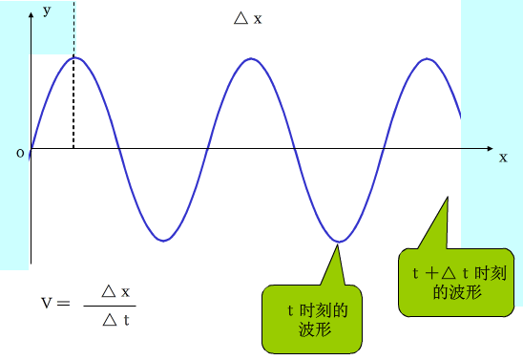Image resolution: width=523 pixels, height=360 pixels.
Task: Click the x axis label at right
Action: (x=503, y=158)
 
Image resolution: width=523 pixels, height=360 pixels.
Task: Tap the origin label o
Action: (x=20, y=153)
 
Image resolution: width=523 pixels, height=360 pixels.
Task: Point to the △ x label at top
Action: (x=247, y=18)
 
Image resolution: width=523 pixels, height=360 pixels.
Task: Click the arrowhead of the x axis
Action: (x=491, y=150)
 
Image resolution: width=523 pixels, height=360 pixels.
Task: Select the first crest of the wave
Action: (x=74, y=58)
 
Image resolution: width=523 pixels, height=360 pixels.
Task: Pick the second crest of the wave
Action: (x=251, y=58)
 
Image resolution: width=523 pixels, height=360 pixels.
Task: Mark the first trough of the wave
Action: (x=163, y=241)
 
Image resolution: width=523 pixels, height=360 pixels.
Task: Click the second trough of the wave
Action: (x=339, y=241)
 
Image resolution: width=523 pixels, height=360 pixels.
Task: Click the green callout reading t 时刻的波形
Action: (x=312, y=319)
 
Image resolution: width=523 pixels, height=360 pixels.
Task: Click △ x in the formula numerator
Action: (x=115, y=290)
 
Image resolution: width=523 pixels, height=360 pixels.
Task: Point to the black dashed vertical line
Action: (x=73, y=95)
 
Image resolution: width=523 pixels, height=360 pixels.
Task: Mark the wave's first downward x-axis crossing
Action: (x=118, y=150)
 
